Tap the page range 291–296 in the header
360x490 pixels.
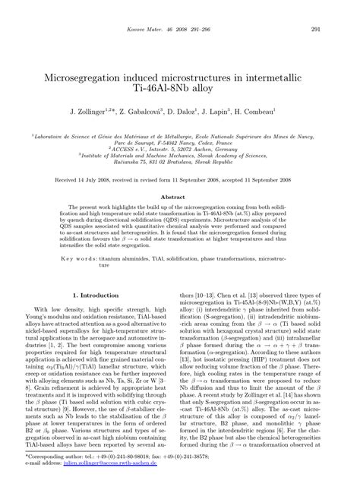tap(205, 30)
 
